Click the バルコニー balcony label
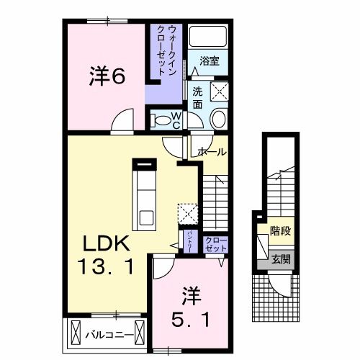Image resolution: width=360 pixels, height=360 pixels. [108, 335]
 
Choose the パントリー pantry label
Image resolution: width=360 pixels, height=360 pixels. [189, 239]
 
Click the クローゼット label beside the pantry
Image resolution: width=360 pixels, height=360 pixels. [214, 243]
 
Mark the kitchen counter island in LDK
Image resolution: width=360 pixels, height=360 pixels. [146, 194]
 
